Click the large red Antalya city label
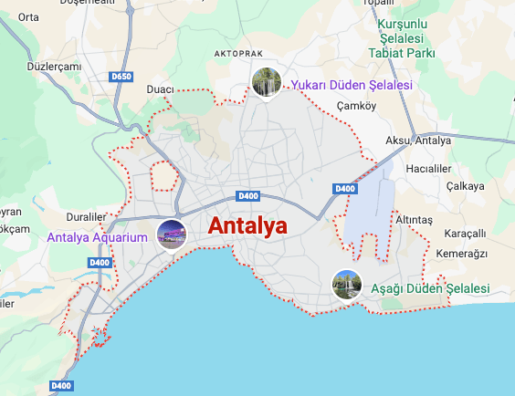pyautogui.click(x=247, y=225)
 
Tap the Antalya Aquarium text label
pyautogui.click(x=97, y=238)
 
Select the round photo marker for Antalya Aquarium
pyautogui.click(x=172, y=235)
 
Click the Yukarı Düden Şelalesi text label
pyautogui.click(x=352, y=85)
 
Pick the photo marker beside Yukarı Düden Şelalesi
pyautogui.click(x=266, y=82)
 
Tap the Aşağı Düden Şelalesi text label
pyautogui.click(x=430, y=288)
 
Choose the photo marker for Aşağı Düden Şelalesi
pyautogui.click(x=347, y=284)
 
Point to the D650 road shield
pyautogui.click(x=121, y=77)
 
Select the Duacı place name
pyautogui.click(x=161, y=89)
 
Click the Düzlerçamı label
pyautogui.click(x=55, y=67)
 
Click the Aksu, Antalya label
pyautogui.click(x=419, y=141)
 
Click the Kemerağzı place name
pyautogui.click(x=462, y=253)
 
